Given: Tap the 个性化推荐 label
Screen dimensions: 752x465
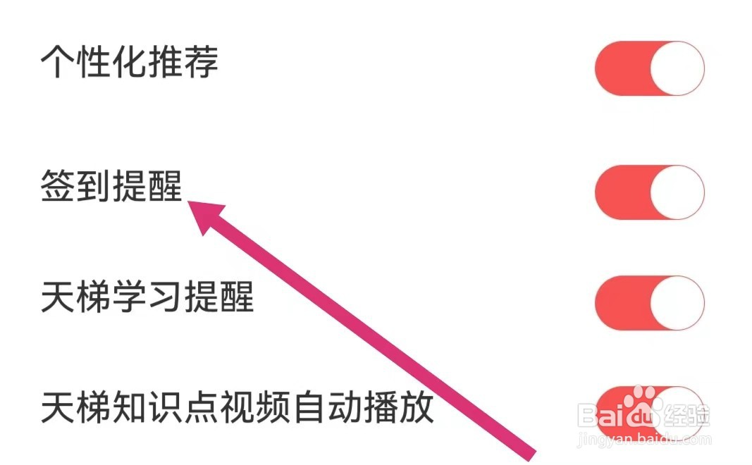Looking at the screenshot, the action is tap(129, 63).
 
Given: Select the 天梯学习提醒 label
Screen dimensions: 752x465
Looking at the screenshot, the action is tap(147, 297).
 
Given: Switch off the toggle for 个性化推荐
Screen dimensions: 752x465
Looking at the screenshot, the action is tap(649, 68).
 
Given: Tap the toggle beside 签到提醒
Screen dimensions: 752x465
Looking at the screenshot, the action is tap(649, 192).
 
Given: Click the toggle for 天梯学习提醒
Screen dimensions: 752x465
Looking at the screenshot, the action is tap(649, 303).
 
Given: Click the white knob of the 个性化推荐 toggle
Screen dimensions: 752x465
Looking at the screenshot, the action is tap(677, 68).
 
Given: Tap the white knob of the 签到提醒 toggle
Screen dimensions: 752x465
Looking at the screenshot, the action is tap(677, 192).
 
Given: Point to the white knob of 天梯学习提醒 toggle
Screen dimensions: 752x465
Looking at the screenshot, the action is tap(677, 303).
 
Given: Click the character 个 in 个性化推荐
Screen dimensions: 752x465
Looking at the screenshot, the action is tap(58, 63).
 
